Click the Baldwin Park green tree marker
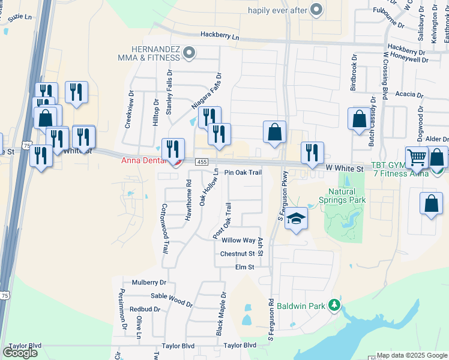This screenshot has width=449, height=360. tap(335, 306)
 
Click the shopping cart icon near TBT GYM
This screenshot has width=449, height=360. tap(416, 158)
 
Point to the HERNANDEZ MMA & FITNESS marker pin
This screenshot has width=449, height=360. tap(189, 53)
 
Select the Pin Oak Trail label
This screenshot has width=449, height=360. tap(243, 172)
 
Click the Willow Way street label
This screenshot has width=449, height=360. tap(238, 240)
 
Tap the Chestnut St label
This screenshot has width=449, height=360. tap(238, 254)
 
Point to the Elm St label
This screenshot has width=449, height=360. tap(245, 267)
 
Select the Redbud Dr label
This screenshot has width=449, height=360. tap(145, 310)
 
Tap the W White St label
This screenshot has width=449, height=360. tap(345, 170)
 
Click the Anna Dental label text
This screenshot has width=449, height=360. tap(143, 160)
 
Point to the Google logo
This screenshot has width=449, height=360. tap(20, 352)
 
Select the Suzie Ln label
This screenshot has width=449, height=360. tap(19, 16)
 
